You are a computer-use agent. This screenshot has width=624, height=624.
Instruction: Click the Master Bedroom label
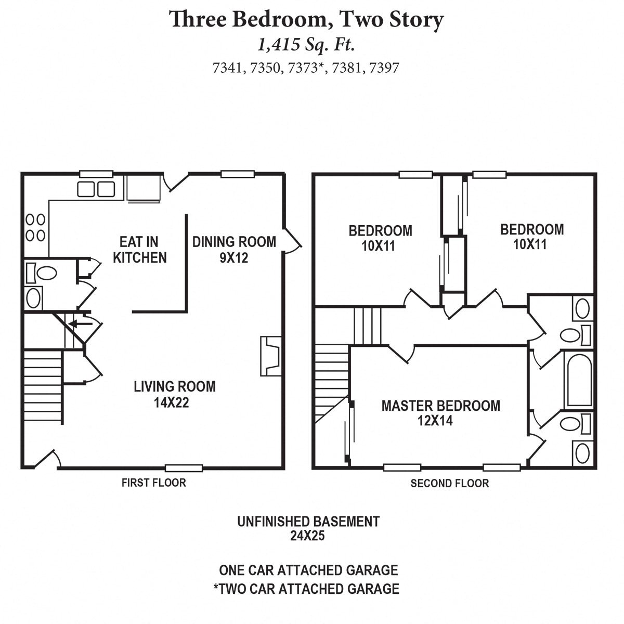(440, 406)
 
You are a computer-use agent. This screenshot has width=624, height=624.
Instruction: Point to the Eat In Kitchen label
(140, 250)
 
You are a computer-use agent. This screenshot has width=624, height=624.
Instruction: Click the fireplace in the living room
(271, 356)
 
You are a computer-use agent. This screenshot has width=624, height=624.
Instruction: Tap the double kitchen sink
(96, 189)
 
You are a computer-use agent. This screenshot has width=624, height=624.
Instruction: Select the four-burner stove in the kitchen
(35, 228)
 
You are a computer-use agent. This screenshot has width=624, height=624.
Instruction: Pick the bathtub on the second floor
(579, 379)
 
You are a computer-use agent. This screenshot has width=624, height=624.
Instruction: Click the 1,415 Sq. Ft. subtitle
(306, 45)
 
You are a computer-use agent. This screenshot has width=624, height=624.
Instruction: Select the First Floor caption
(153, 483)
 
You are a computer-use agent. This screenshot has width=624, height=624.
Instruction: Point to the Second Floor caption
(449, 483)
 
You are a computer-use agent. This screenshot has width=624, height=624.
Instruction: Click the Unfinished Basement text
(308, 522)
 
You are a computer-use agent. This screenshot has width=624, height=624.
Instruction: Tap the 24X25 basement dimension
(308, 536)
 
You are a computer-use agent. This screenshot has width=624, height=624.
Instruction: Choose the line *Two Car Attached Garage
(306, 589)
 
